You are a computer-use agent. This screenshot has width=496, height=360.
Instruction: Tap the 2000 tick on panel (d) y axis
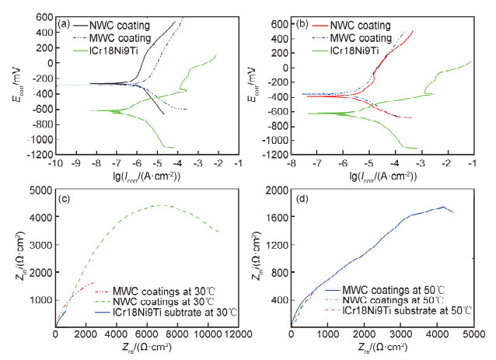276,190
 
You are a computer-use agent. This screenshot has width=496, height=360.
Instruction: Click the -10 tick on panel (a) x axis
56,163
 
